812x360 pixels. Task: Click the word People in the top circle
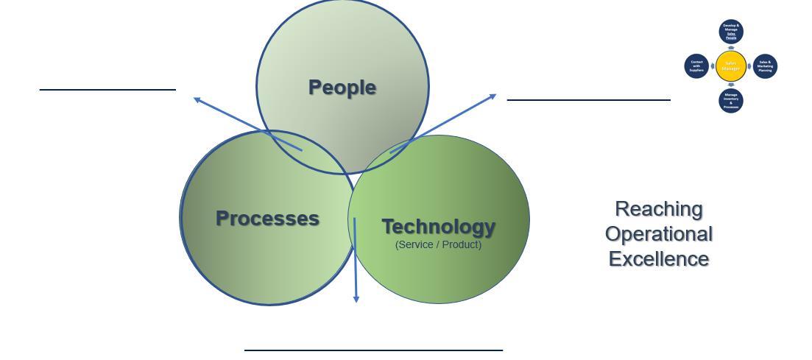point(342,87)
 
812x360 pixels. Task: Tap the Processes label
point(267,218)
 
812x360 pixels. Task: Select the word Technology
point(438,226)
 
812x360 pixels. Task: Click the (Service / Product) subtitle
point(438,244)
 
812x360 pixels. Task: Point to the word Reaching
point(658,209)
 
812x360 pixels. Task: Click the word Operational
point(658,234)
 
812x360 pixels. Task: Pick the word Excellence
point(658,259)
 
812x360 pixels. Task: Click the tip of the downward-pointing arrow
point(356,300)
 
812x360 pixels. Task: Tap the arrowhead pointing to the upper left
point(197,99)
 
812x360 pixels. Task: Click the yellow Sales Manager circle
point(731,66)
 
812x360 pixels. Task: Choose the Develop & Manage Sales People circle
point(731,32)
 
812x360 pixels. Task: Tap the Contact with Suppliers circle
point(696,66)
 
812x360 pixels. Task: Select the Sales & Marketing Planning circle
point(765,66)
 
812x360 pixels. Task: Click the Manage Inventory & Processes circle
point(731,101)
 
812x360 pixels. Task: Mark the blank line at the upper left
point(107,90)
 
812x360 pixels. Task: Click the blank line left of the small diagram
point(588,99)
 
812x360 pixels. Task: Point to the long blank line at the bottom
point(373,350)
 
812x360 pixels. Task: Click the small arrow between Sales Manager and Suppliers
point(713,66)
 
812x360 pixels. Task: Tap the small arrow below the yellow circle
point(731,85)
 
